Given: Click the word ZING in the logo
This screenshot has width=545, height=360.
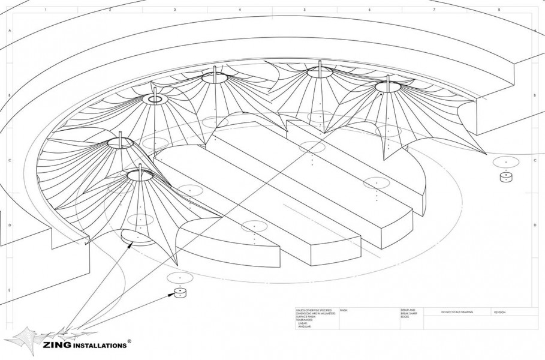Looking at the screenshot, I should [57, 345].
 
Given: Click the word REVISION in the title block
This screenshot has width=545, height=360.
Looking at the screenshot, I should [500, 313].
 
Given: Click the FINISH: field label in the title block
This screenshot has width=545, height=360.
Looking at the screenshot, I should [344, 310].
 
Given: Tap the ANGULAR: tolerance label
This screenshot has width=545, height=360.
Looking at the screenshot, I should [305, 326].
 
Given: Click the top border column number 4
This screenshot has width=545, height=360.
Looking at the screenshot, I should [240, 10].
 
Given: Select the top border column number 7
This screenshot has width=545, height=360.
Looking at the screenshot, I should [434, 10].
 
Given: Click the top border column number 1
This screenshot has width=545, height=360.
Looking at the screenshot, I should [46, 10].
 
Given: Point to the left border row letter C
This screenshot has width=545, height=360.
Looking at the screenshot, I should [9, 161].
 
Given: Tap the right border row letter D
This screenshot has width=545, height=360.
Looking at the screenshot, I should [535, 226].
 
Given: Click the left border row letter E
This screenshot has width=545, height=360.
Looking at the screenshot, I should [9, 290].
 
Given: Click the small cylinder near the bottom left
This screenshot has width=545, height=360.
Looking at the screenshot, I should [180, 293].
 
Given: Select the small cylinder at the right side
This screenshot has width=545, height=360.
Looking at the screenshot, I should [506, 177].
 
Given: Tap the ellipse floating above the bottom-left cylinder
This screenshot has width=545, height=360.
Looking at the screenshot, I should [180, 277].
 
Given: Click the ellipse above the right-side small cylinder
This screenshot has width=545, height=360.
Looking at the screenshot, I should [506, 161].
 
